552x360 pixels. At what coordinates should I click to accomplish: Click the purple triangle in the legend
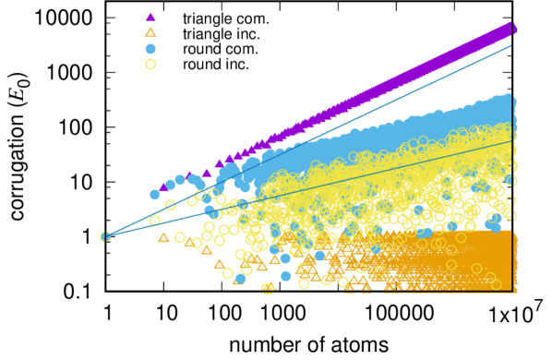tap(150, 17)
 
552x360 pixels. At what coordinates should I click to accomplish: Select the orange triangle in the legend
tap(150, 32)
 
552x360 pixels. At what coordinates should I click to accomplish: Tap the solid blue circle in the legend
tap(150, 48)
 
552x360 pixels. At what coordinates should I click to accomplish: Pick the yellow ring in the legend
tap(150, 64)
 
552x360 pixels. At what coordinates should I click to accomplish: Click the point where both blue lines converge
tap(105, 236)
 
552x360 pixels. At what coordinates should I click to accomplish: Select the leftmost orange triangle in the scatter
tap(163, 237)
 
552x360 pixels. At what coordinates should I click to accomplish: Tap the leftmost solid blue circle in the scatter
tap(154, 194)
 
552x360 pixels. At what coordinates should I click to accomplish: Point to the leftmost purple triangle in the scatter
tap(164, 186)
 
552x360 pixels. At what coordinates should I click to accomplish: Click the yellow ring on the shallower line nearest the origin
tap(154, 221)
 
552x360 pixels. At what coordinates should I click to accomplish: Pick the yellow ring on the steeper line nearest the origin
tap(170, 205)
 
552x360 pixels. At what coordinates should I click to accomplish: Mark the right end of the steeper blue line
tap(511, 45)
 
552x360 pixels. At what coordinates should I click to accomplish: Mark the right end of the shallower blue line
tap(511, 141)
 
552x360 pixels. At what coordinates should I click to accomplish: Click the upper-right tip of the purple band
tap(512, 28)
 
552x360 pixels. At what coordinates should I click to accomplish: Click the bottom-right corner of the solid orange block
tap(514, 291)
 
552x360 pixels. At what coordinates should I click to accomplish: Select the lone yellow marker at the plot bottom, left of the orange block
tap(268, 288)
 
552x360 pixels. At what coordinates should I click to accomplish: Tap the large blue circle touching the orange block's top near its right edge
tap(495, 224)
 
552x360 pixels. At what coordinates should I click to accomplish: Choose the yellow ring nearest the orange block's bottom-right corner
tap(497, 284)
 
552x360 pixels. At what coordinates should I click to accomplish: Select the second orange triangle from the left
tap(189, 242)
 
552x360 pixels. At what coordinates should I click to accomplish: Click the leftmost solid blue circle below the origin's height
tap(240, 277)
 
